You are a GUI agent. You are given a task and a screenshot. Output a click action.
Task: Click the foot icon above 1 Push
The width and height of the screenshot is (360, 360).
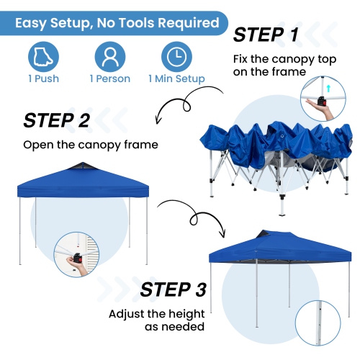click(43, 57)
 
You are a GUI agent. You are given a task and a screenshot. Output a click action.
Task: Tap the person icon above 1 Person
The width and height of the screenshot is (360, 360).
click(110, 57)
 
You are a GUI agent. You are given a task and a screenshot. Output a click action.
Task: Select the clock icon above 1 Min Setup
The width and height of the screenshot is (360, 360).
click(176, 57)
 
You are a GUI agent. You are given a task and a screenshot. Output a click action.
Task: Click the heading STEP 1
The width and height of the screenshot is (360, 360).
click(266, 35)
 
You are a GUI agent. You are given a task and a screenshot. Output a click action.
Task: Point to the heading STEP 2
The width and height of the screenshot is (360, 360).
click(57, 120)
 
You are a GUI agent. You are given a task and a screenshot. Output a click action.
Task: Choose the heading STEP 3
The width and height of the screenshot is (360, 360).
click(173, 289)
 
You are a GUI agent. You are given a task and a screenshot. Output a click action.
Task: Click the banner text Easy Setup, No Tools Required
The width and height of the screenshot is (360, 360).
click(117, 23)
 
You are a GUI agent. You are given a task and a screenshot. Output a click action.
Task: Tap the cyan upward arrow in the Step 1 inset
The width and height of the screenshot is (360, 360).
click(328, 89)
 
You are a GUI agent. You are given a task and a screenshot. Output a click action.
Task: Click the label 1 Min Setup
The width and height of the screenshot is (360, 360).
click(176, 78)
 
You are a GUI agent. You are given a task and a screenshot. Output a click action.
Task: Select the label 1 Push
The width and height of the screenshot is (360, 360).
click(43, 78)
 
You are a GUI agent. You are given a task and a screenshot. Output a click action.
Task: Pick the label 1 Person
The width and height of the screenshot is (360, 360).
click(110, 78)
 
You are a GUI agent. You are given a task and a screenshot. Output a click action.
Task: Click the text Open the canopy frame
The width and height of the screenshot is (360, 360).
click(91, 145)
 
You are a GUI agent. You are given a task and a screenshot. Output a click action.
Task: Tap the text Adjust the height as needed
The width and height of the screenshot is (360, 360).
click(157, 320)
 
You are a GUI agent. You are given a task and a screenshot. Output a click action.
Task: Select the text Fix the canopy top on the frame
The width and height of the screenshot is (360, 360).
click(284, 66)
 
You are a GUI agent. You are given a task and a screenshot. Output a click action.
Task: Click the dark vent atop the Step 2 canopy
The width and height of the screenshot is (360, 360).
click(82, 166)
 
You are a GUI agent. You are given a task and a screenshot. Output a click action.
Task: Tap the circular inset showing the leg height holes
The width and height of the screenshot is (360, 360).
click(318, 323)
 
